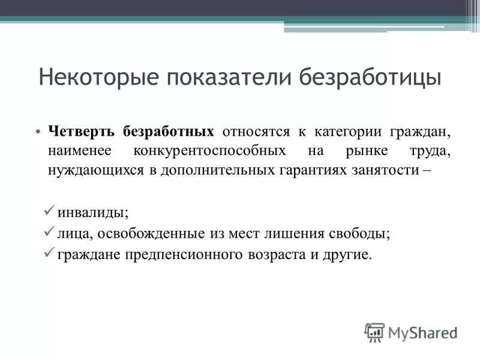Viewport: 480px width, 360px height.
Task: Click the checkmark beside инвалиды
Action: [50, 211]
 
